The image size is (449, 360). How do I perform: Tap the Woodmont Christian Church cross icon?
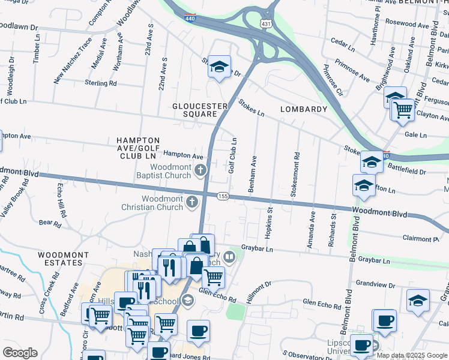pyautogui.click(x=192, y=201)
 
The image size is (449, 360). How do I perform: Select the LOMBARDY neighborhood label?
pyautogui.click(x=304, y=109)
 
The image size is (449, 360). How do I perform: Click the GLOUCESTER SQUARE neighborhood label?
pyautogui.click(x=200, y=110)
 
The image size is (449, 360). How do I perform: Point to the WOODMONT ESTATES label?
pyautogui.click(x=59, y=259)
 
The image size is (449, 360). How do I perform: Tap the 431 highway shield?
pyautogui.click(x=265, y=23)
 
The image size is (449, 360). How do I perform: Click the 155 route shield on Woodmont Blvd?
pyautogui.click(x=223, y=196)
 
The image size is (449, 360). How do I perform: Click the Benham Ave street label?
pyautogui.click(x=253, y=174)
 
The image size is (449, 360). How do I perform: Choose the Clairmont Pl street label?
pyautogui.click(x=421, y=238)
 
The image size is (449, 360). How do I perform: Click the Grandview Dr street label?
pyautogui.click(x=373, y=283)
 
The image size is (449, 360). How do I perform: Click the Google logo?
pyautogui.click(x=20, y=353)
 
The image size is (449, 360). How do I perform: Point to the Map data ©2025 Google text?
pyautogui.click(x=411, y=355)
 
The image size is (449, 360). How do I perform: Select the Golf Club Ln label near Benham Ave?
pyautogui.click(x=232, y=157)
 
